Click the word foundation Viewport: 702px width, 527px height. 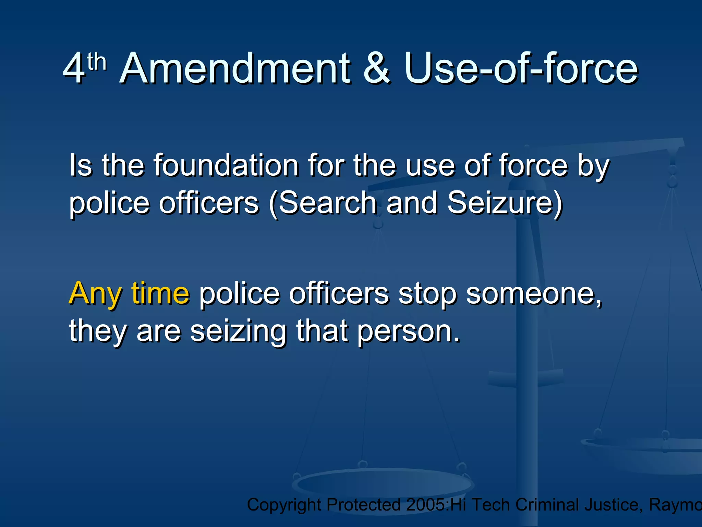coord(226,165)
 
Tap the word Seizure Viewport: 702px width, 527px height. coord(504,203)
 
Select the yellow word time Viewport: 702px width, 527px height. coord(160,293)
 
